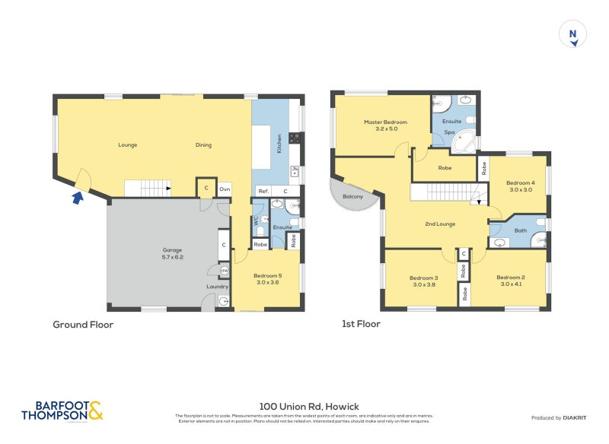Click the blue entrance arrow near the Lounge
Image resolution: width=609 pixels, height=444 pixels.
coord(76,199)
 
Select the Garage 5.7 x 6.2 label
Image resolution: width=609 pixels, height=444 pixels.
coord(172,253)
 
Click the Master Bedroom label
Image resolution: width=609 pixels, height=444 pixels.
coord(385,125)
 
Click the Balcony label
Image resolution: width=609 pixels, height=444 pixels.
coord(352,197)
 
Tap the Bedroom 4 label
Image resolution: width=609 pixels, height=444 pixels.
coord(521,186)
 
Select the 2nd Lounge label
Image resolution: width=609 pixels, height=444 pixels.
coord(440,224)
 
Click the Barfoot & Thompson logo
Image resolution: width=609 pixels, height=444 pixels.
coord(62,411)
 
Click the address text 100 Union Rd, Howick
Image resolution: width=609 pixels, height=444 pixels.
coord(304,407)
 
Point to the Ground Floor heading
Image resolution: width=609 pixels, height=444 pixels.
coord(83,325)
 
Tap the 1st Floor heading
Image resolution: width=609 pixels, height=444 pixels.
coord(362,324)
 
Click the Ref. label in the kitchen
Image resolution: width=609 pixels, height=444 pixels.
coord(263,191)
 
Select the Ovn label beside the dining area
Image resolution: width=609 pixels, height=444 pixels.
coord(225,189)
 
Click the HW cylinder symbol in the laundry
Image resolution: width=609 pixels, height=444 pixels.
coord(225,271)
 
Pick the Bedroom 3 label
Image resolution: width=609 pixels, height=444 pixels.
coord(422,281)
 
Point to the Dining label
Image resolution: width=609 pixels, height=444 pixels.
coord(203,145)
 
